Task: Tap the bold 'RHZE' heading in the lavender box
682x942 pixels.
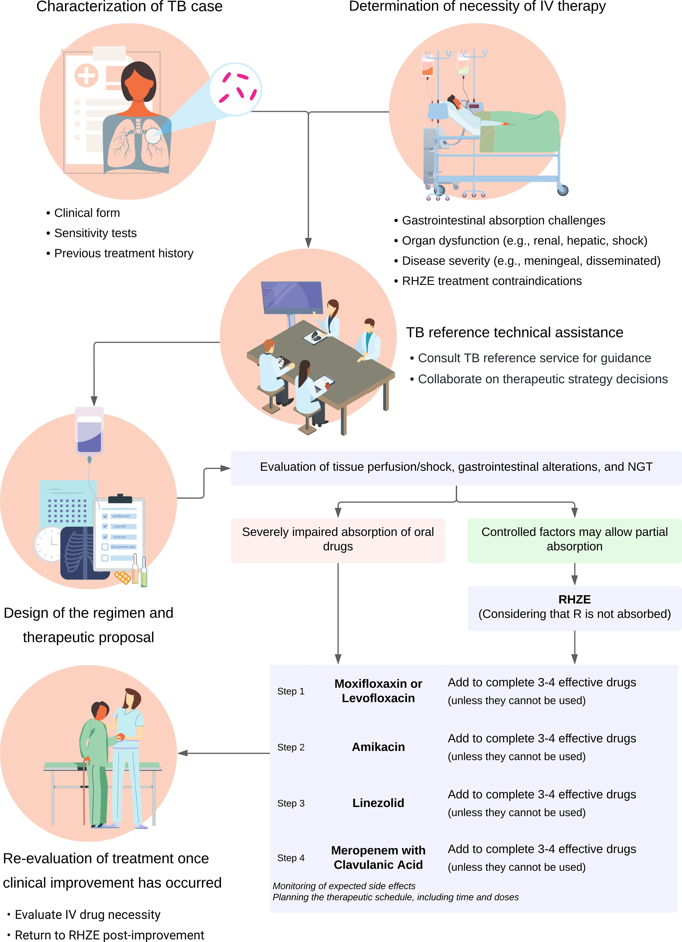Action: [x=574, y=599]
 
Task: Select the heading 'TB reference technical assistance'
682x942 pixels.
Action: [x=514, y=333]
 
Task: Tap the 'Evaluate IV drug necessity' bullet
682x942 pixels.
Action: [x=87, y=915]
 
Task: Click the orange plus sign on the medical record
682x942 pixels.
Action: [x=86, y=75]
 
